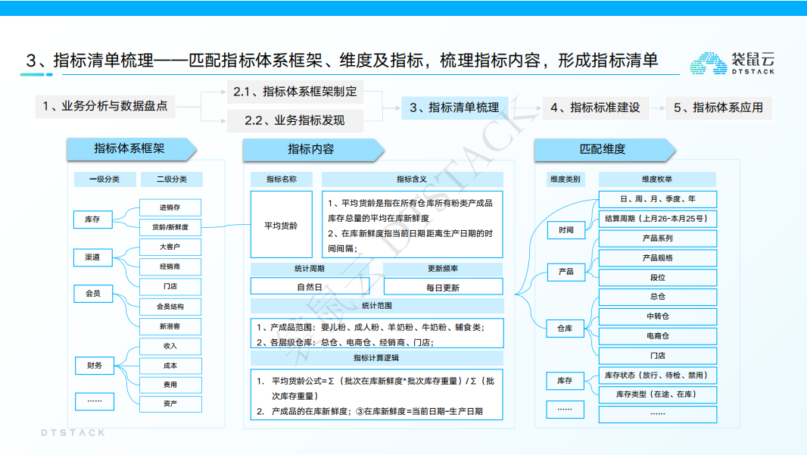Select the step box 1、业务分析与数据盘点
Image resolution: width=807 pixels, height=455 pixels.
pos(105,107)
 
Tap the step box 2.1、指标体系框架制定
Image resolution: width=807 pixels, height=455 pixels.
pos(294,92)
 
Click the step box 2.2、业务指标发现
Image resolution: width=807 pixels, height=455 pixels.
pos(294,120)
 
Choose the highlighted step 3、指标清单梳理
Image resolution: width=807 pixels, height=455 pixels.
pos(454,108)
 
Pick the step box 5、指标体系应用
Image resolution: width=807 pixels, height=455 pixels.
pos(718,108)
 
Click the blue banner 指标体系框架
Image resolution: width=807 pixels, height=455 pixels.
pos(129,148)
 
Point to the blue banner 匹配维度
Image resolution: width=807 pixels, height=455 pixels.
pos(603,149)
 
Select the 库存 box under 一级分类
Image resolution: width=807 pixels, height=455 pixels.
pos(92,220)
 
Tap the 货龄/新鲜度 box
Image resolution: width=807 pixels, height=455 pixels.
pos(170,227)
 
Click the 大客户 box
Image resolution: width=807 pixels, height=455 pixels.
pos(170,248)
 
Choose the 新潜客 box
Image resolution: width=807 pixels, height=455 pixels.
pos(170,326)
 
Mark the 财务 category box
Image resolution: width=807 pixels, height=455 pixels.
pos(94,366)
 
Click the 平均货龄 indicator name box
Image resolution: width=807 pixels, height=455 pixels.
pos(281,225)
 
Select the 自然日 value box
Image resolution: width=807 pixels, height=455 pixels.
pos(310,287)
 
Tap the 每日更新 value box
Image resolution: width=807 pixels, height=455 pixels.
pos(443,287)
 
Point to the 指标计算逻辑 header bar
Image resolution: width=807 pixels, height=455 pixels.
pos(377,357)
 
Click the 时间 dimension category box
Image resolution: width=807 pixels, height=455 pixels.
pos(566,229)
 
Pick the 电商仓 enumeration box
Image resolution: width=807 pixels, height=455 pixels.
pos(657,335)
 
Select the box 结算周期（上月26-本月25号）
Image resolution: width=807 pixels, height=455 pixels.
pos(657,219)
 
